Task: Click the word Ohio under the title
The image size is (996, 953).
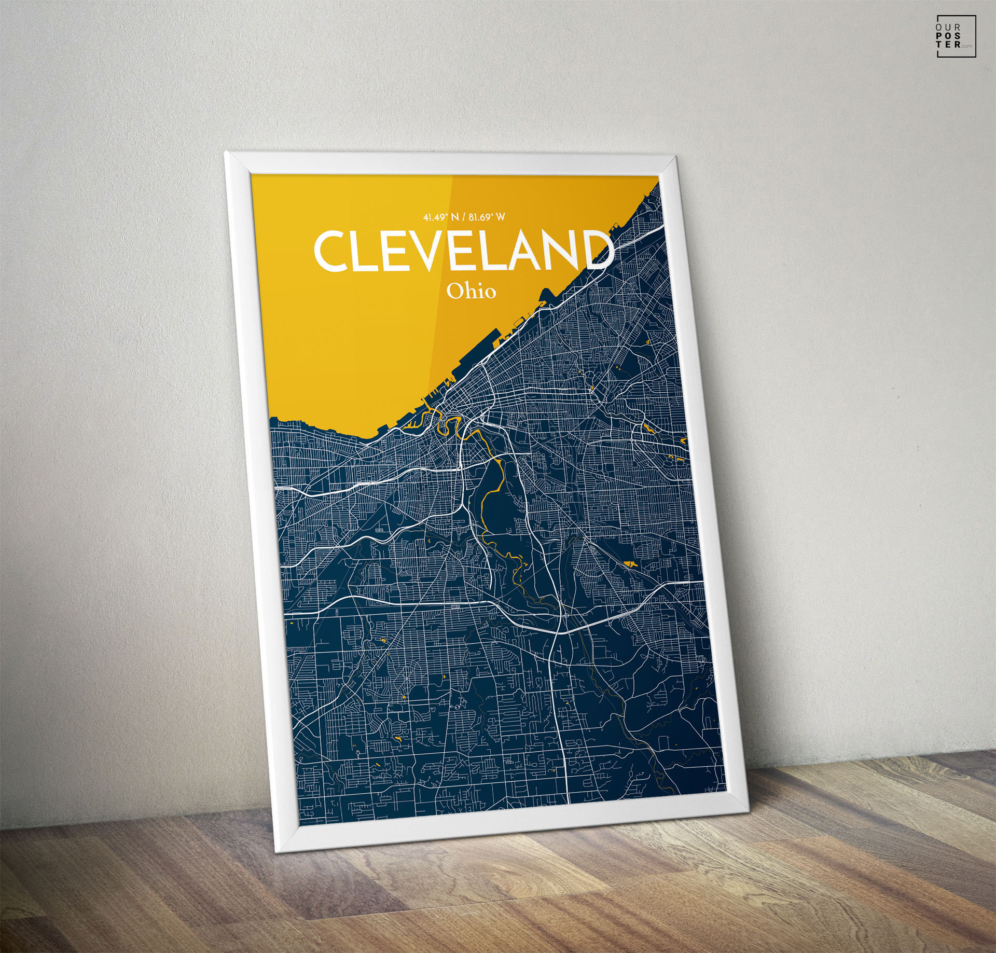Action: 471,292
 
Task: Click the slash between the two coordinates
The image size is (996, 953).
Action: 464,217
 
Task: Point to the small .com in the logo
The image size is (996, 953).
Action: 965,47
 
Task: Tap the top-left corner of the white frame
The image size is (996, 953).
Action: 227,154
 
